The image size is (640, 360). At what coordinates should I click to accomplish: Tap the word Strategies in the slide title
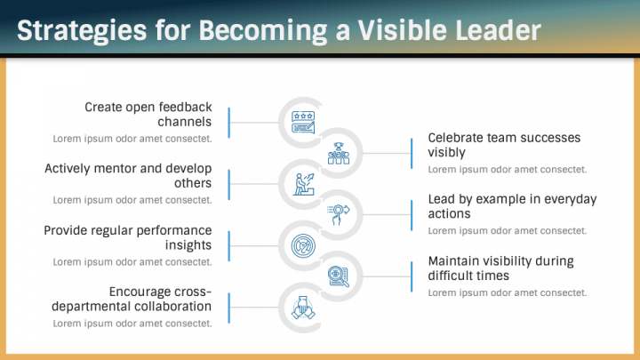point(82,32)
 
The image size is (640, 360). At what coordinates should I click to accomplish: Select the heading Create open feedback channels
point(148,115)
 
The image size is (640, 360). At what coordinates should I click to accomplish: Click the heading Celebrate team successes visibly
point(504,145)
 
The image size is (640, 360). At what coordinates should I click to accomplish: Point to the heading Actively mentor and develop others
point(128,175)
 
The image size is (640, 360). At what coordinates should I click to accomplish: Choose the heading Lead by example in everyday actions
point(512,206)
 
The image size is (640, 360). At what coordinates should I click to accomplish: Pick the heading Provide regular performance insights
point(128,237)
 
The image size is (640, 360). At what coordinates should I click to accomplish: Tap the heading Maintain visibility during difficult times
point(500,268)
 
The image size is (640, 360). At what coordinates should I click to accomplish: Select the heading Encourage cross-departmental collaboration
point(132,299)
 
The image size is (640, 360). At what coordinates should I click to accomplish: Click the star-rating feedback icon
point(303,123)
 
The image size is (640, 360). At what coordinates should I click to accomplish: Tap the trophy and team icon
point(339,154)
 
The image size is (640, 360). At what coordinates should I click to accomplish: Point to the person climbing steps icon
point(305,184)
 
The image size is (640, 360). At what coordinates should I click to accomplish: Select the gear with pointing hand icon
point(338,214)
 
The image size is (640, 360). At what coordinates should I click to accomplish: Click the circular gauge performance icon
point(303,245)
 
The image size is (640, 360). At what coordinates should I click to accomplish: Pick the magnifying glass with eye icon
point(339,276)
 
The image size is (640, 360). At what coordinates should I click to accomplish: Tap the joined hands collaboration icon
point(303,308)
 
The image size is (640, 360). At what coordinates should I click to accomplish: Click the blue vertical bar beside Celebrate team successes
point(412,154)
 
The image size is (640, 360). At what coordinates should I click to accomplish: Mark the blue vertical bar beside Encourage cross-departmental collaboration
point(229,308)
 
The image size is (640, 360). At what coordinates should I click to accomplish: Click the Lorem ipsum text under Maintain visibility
point(508,292)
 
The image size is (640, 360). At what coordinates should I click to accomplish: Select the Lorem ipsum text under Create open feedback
point(132,139)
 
